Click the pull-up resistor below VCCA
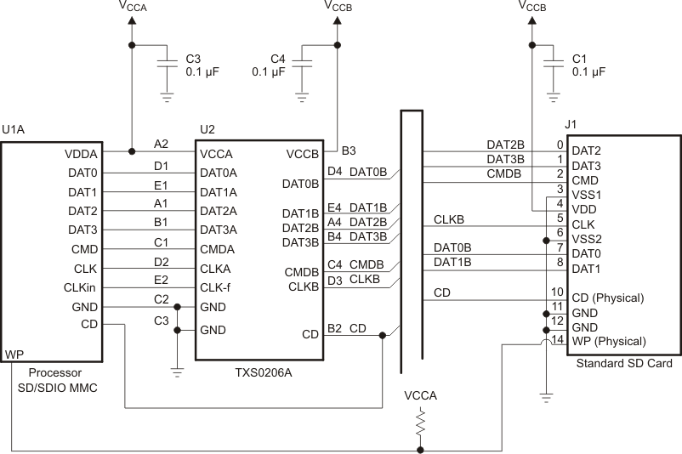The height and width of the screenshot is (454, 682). tap(420, 424)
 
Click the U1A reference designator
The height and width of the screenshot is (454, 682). tap(13, 130)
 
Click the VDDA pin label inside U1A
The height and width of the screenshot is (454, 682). tap(82, 155)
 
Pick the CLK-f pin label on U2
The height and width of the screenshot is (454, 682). tap(217, 287)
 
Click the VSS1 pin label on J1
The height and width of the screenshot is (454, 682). tap(587, 195)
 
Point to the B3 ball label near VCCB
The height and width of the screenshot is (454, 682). tap(349, 150)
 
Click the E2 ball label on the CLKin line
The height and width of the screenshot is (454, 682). tap(161, 280)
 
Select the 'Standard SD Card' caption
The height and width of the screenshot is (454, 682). tap(623, 364)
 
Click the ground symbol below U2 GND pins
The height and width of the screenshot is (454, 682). tap(177, 369)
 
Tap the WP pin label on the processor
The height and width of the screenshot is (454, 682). tap(13, 353)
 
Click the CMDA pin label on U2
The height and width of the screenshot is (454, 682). tap(219, 250)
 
